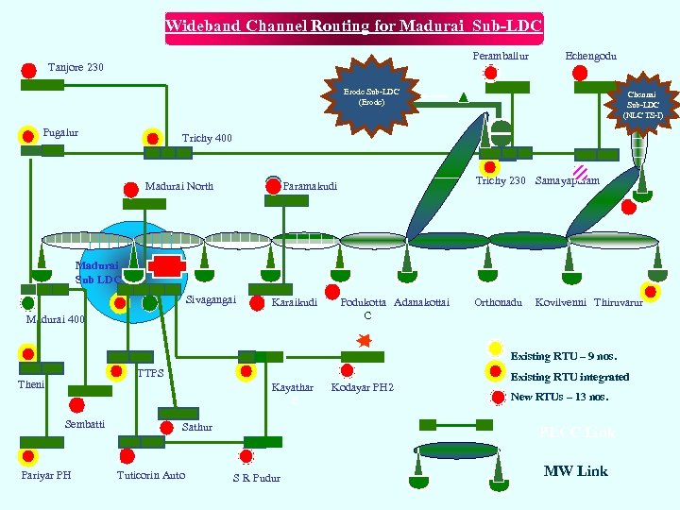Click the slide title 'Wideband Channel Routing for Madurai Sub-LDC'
point(354,25)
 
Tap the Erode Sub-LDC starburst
point(371,96)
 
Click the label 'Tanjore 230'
point(76,68)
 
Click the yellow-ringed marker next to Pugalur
point(27,135)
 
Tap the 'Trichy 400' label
point(207,139)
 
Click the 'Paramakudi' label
point(310,187)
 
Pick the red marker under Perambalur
point(489,73)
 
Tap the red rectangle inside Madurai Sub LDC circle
point(166,263)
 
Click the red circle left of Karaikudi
point(257,303)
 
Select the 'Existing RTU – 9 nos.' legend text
point(563,356)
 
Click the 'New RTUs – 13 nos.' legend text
point(559,398)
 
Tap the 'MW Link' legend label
point(575,470)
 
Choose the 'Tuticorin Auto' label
point(150,475)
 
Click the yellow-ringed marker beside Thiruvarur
point(649,291)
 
